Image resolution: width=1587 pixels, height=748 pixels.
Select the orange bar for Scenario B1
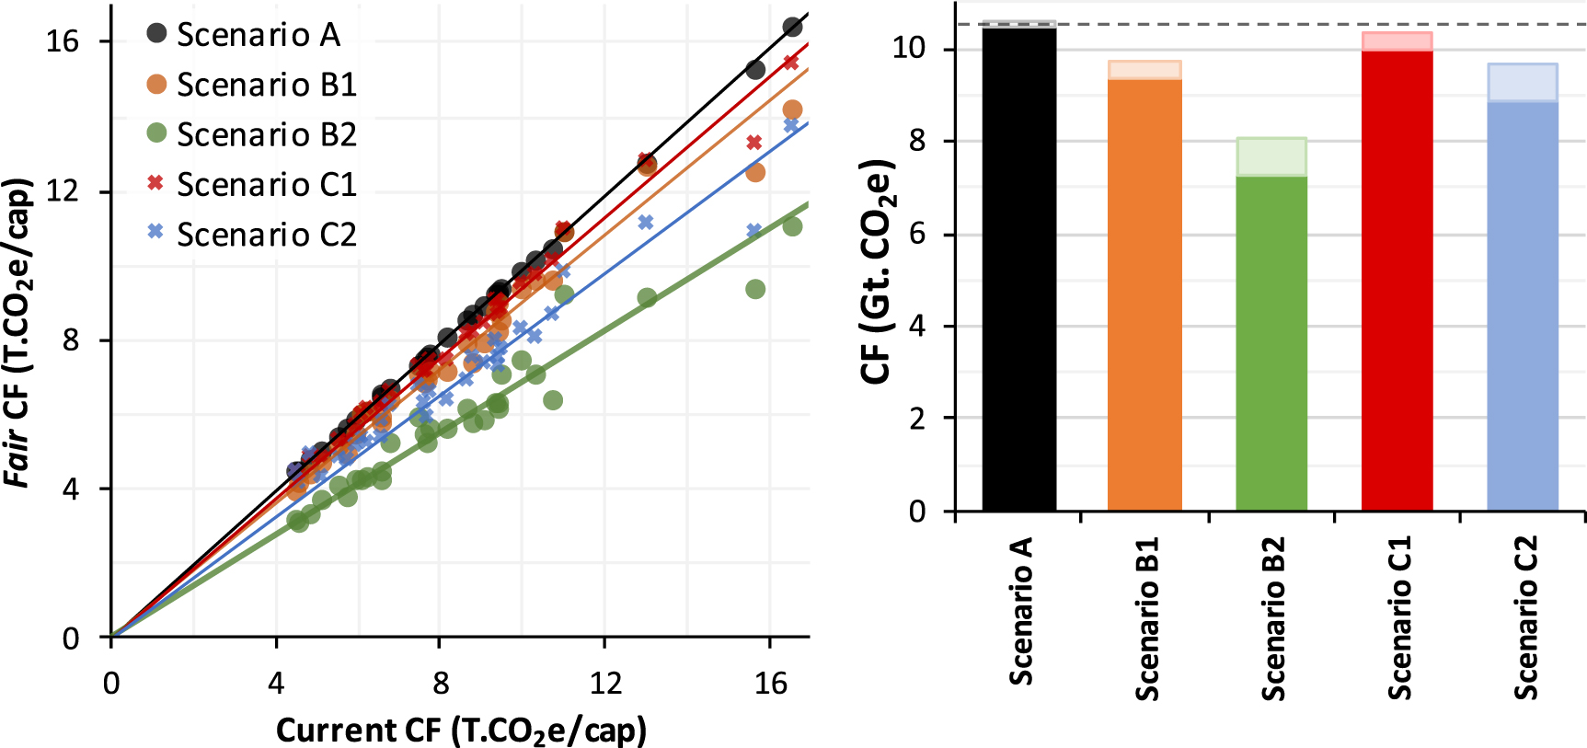tap(1144, 294)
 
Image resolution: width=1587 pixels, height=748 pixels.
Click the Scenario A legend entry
tap(245, 35)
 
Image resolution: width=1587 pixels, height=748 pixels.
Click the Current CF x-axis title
tap(461, 730)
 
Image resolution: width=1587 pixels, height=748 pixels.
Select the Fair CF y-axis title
tap(18, 331)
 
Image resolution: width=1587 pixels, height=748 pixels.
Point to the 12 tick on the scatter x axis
tap(605, 684)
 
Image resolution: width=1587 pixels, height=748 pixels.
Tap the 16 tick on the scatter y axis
tap(63, 41)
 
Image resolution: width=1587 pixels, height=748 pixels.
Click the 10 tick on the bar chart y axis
tap(910, 49)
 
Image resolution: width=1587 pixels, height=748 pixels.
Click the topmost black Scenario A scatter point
tap(792, 27)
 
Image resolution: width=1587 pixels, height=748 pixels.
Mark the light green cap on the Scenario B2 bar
tap(1271, 156)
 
